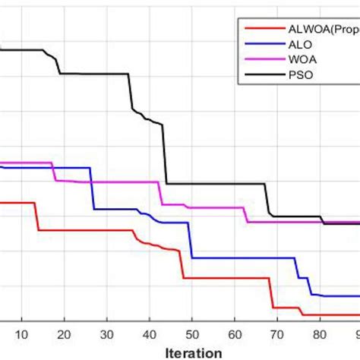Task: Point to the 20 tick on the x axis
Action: tap(64, 333)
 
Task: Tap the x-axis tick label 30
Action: tap(106, 333)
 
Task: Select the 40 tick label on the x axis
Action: tap(150, 333)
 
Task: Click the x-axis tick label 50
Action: tap(192, 333)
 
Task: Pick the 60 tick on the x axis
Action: tap(235, 333)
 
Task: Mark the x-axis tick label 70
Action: tap(277, 333)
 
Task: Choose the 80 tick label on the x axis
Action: tap(320, 333)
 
